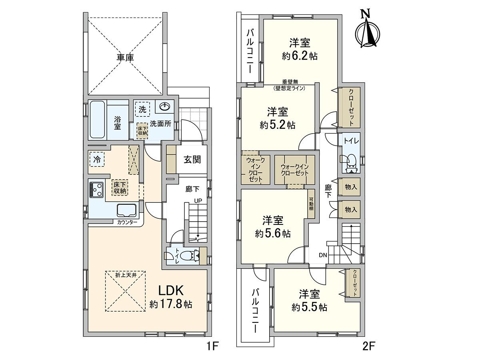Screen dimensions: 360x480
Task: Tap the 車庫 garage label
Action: click(125, 58)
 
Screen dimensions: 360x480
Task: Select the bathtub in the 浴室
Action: click(97, 119)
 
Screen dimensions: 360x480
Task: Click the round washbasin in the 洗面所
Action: click(165, 107)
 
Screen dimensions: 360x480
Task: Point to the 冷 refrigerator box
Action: click(97, 159)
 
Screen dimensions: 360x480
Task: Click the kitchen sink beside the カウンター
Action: click(127, 210)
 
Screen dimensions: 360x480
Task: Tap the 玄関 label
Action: click(192, 159)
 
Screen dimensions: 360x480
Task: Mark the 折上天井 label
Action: click(126, 275)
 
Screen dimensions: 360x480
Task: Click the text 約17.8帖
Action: click(171, 304)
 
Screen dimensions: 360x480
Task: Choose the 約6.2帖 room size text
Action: click(300, 56)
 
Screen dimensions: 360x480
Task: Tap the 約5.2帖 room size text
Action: click(277, 125)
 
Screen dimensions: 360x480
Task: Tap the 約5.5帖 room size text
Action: click(309, 307)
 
